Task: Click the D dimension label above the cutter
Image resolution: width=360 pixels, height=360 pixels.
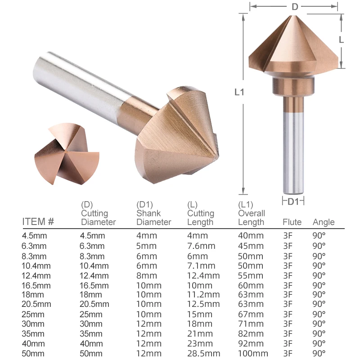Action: click(x=295, y=7)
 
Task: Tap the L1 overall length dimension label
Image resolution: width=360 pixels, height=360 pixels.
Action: click(x=239, y=92)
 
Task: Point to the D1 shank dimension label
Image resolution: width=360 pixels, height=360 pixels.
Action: click(x=293, y=202)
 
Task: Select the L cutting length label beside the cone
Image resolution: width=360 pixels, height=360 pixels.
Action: click(x=342, y=40)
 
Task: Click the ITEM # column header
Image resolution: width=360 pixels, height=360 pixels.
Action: click(x=38, y=222)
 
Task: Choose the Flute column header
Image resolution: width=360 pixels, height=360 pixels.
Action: click(x=292, y=222)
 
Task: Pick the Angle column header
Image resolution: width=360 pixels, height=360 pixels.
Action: click(x=324, y=222)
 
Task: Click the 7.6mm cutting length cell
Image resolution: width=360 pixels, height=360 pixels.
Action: click(x=201, y=246)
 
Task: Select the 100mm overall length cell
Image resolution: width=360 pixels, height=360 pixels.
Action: click(x=253, y=353)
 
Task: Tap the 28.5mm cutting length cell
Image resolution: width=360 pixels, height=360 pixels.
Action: click(x=203, y=353)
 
